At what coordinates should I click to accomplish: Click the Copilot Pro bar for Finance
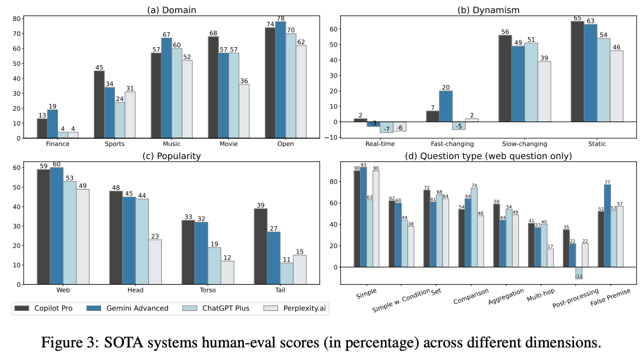(42, 129)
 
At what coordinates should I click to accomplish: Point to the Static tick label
(597, 144)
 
